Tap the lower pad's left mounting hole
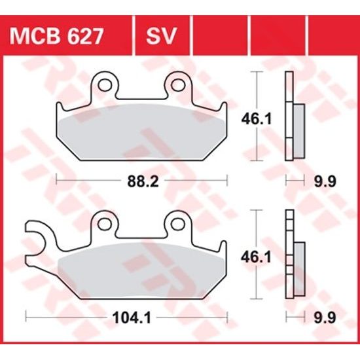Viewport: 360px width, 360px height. (103, 222)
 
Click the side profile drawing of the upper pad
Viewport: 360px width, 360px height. (292, 118)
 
